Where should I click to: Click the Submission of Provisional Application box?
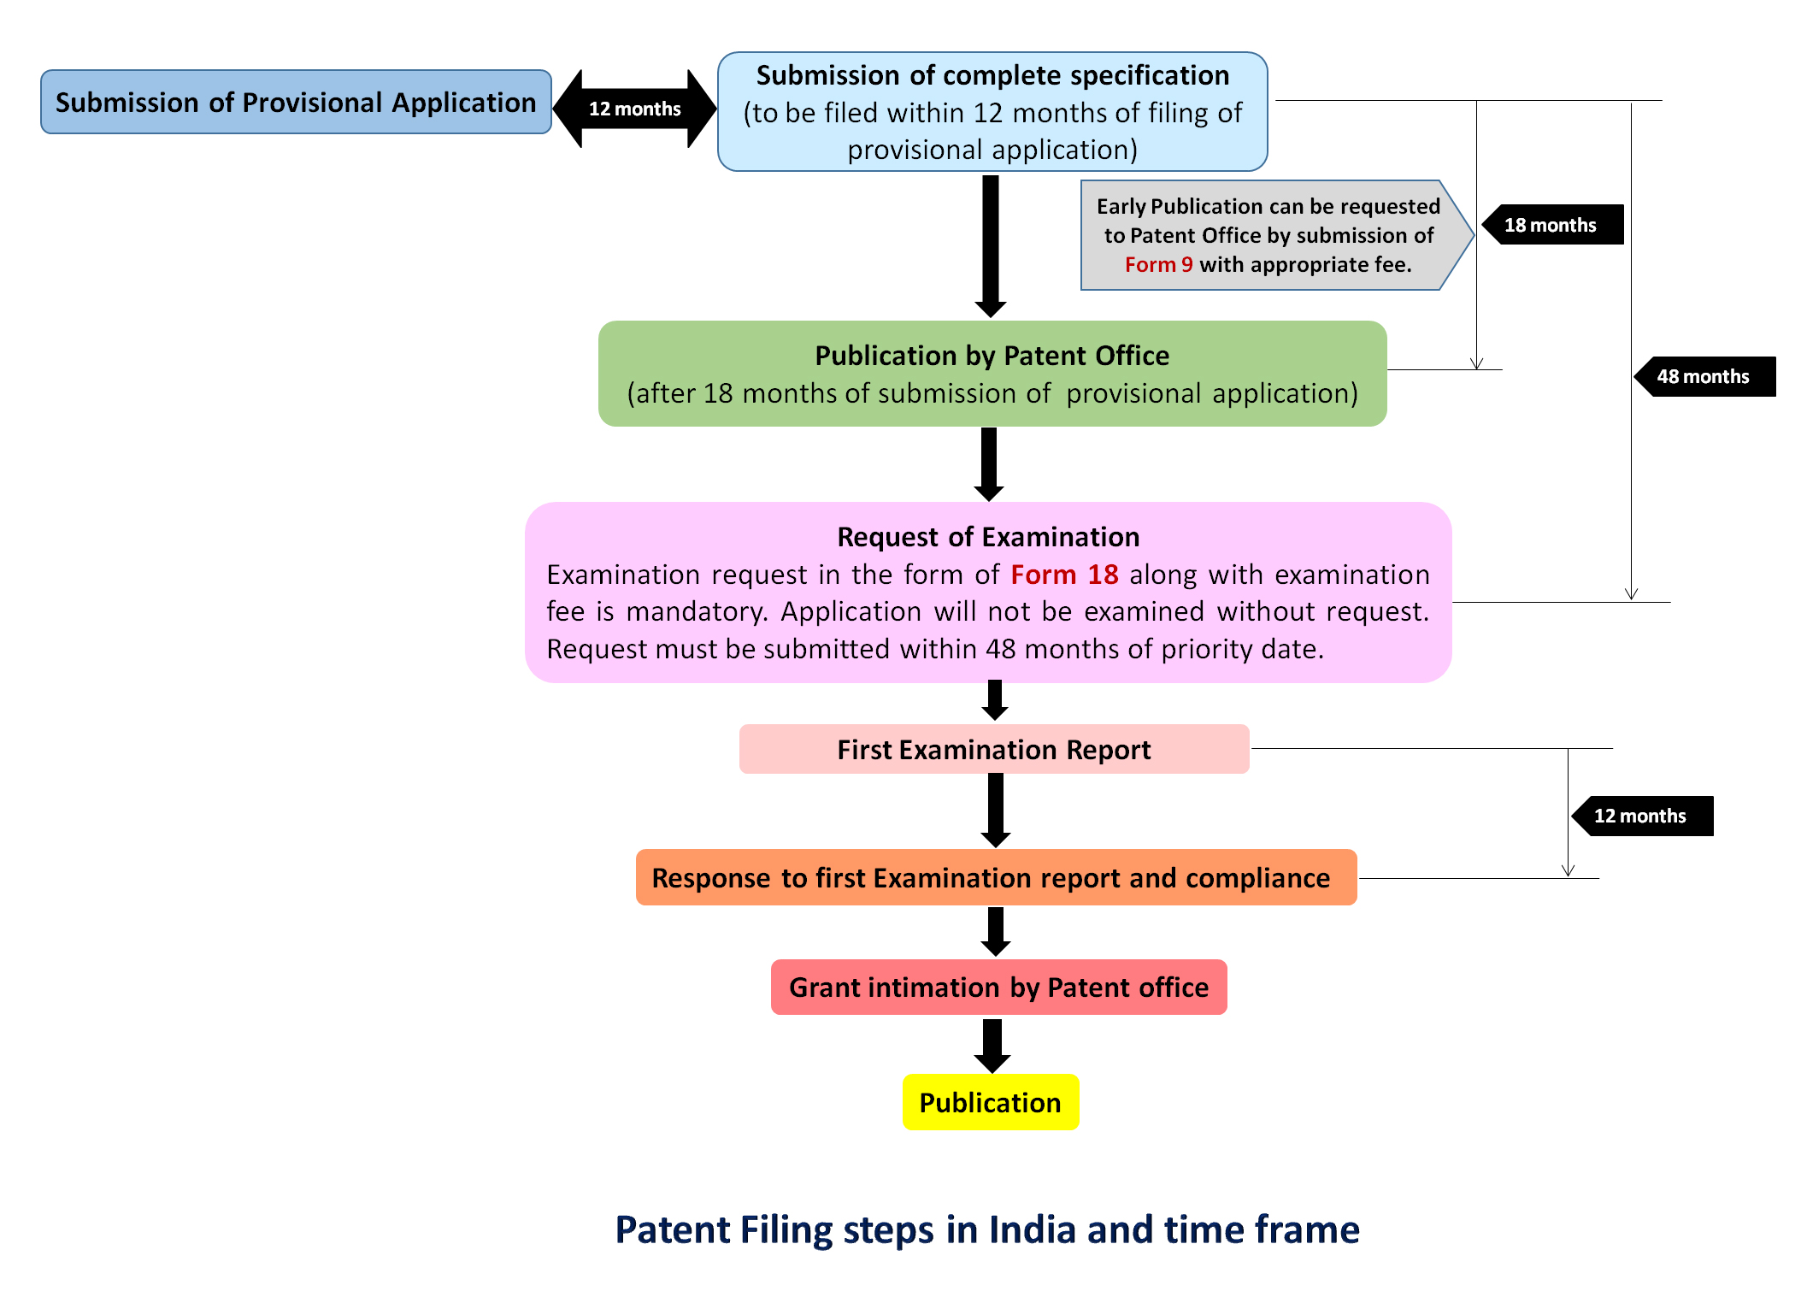click(296, 102)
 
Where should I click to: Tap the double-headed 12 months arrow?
click(634, 109)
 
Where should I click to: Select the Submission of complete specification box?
click(992, 112)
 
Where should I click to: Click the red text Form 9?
click(1157, 265)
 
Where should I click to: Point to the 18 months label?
click(1551, 225)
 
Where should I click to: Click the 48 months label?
click(1704, 376)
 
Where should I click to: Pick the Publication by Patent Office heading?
click(992, 356)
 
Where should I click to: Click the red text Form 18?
click(1064, 575)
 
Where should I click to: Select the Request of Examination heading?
click(988, 537)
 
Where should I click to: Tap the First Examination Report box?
click(993, 750)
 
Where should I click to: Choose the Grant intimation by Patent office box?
click(998, 987)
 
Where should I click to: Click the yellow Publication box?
click(991, 1103)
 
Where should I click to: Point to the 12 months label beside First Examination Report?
click(1640, 816)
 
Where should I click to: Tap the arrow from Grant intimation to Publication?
click(992, 1045)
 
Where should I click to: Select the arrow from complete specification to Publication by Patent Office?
click(990, 244)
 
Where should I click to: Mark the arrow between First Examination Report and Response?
click(996, 810)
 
